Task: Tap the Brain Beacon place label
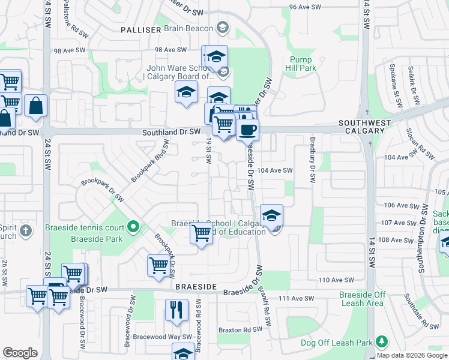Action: click(188, 28)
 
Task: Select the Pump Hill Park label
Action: click(303, 64)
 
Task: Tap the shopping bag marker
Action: click(36, 106)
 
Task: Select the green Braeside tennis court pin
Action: click(134, 227)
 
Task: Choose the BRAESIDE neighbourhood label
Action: click(196, 287)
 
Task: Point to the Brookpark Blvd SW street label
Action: click(149, 161)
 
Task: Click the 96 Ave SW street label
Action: click(305, 7)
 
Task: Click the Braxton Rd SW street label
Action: click(240, 329)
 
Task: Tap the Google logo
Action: click(20, 353)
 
